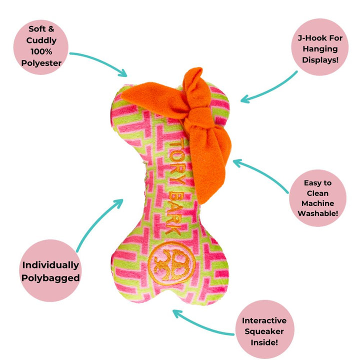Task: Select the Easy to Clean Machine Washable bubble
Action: click(x=317, y=198)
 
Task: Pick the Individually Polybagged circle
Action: click(x=50, y=271)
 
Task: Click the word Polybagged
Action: click(x=50, y=278)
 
